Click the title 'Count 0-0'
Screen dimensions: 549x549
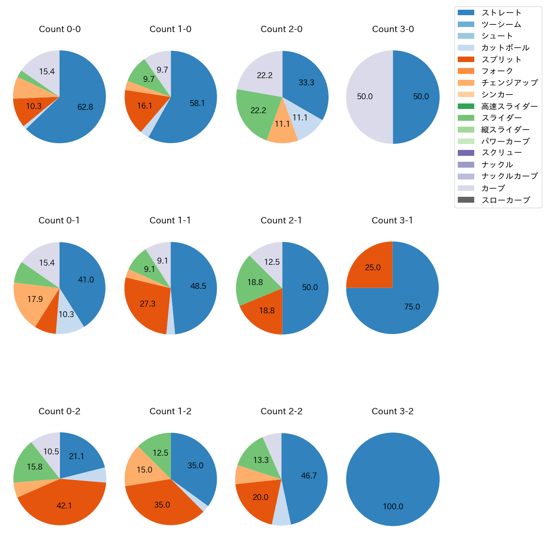pyautogui.click(x=60, y=29)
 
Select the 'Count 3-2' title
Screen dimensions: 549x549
pyautogui.click(x=392, y=411)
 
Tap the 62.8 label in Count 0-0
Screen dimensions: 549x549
pyautogui.click(x=85, y=107)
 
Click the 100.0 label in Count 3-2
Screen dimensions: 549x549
pyautogui.click(x=393, y=506)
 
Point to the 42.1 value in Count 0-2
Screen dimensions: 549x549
pyautogui.click(x=64, y=506)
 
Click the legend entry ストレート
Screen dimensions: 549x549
pyautogui.click(x=501, y=13)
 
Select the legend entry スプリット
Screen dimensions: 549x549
pyautogui.click(x=501, y=60)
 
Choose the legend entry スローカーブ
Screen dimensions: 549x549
pyautogui.click(x=506, y=200)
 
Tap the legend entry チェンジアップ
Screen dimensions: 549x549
pyautogui.click(x=509, y=83)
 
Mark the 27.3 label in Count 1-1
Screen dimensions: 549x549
pyautogui.click(x=147, y=304)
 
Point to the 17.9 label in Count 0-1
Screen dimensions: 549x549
pyautogui.click(x=35, y=299)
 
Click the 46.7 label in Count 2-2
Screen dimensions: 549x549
pyautogui.click(x=309, y=476)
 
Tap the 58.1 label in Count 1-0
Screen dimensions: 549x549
pyautogui.click(x=197, y=103)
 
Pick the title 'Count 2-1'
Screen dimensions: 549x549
pyautogui.click(x=281, y=220)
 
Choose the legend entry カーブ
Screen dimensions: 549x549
pyautogui.click(x=493, y=188)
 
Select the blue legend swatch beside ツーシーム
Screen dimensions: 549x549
pyautogui.click(x=466, y=24)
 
